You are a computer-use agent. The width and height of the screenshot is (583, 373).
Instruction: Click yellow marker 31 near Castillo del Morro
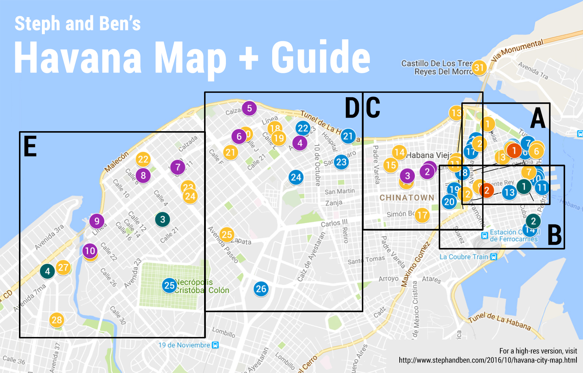pyautogui.click(x=479, y=67)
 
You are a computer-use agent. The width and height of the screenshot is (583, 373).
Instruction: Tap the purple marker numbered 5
pyautogui.click(x=249, y=108)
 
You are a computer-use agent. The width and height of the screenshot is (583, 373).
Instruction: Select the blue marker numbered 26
pyautogui.click(x=261, y=289)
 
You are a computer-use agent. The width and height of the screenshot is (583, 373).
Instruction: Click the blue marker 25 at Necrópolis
pyautogui.click(x=169, y=285)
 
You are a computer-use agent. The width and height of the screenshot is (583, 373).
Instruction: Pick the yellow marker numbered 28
pyautogui.click(x=56, y=320)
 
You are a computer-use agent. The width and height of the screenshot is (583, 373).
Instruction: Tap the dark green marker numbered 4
pyautogui.click(x=47, y=271)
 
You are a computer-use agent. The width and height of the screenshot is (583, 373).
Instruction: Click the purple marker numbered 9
pyautogui.click(x=97, y=221)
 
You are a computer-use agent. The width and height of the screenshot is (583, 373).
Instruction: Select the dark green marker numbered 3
pyautogui.click(x=163, y=219)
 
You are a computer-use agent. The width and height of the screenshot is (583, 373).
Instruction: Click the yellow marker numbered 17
pyautogui.click(x=422, y=215)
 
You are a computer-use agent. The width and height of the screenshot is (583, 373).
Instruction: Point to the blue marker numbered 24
pyautogui.click(x=296, y=177)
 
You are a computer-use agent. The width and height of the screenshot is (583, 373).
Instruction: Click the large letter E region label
pyautogui.click(x=30, y=146)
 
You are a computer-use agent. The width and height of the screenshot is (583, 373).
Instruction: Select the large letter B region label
pyautogui.click(x=555, y=235)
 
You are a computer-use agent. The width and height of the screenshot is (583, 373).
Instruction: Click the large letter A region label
pyautogui.click(x=538, y=118)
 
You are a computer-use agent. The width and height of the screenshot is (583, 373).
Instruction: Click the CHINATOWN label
pyautogui.click(x=407, y=197)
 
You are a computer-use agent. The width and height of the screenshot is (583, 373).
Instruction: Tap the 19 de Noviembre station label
pyautogui.click(x=184, y=345)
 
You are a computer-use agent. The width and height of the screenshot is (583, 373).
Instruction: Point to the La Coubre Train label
pyautogui.click(x=464, y=257)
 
